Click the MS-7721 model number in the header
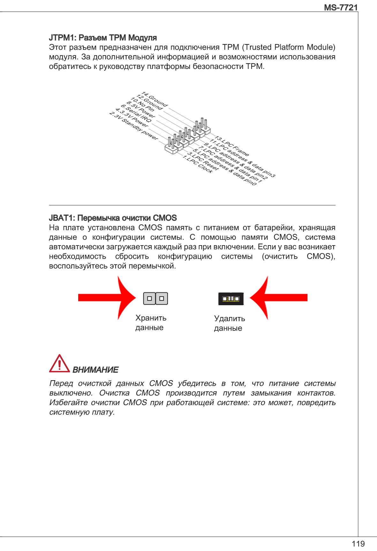(x=341, y=7)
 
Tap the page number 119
(x=358, y=544)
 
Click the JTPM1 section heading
(x=103, y=38)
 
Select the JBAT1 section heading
(x=113, y=218)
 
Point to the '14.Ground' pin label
(x=155, y=99)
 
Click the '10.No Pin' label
(x=143, y=104)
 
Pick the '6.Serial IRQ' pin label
(x=136, y=113)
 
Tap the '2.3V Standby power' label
(x=134, y=126)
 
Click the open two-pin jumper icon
(x=155, y=298)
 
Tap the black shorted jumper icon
(x=231, y=299)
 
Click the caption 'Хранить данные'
(x=151, y=323)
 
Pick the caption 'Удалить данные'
(x=229, y=323)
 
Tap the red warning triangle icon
(x=59, y=364)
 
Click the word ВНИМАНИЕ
(x=95, y=370)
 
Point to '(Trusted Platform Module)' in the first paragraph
(x=289, y=47)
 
